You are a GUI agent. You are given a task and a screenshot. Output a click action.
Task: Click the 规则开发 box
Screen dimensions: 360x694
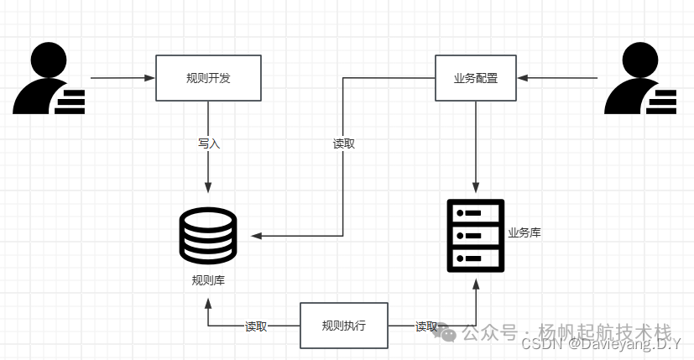point(208,78)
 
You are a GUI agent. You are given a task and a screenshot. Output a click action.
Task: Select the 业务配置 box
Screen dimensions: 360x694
point(475,78)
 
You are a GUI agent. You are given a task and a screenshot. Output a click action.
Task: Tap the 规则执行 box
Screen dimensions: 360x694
point(344,326)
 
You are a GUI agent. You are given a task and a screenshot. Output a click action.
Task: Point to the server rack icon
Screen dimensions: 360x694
point(476,235)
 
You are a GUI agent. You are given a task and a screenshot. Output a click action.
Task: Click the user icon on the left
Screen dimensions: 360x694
point(49,80)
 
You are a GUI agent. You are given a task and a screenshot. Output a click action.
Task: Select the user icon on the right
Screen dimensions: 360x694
point(640,80)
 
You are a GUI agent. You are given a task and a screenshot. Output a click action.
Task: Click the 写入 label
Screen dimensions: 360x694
point(208,143)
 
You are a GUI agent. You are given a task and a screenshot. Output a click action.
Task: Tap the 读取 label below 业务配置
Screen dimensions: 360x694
point(344,143)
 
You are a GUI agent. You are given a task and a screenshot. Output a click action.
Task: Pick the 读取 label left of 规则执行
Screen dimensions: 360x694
point(256,326)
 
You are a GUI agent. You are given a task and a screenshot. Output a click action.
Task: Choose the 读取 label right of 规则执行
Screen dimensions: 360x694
point(426,326)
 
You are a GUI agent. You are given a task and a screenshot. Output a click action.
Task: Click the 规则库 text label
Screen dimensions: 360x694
point(208,279)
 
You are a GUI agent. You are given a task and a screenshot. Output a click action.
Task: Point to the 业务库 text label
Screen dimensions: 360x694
point(524,232)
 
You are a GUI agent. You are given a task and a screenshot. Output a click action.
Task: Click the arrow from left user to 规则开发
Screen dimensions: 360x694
point(123,78)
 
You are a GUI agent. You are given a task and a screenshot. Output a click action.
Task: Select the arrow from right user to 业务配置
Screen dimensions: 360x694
point(557,78)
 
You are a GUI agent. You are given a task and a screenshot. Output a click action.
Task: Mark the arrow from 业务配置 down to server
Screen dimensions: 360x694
point(476,147)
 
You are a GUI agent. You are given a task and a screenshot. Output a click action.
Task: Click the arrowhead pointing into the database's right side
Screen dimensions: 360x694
point(256,236)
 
